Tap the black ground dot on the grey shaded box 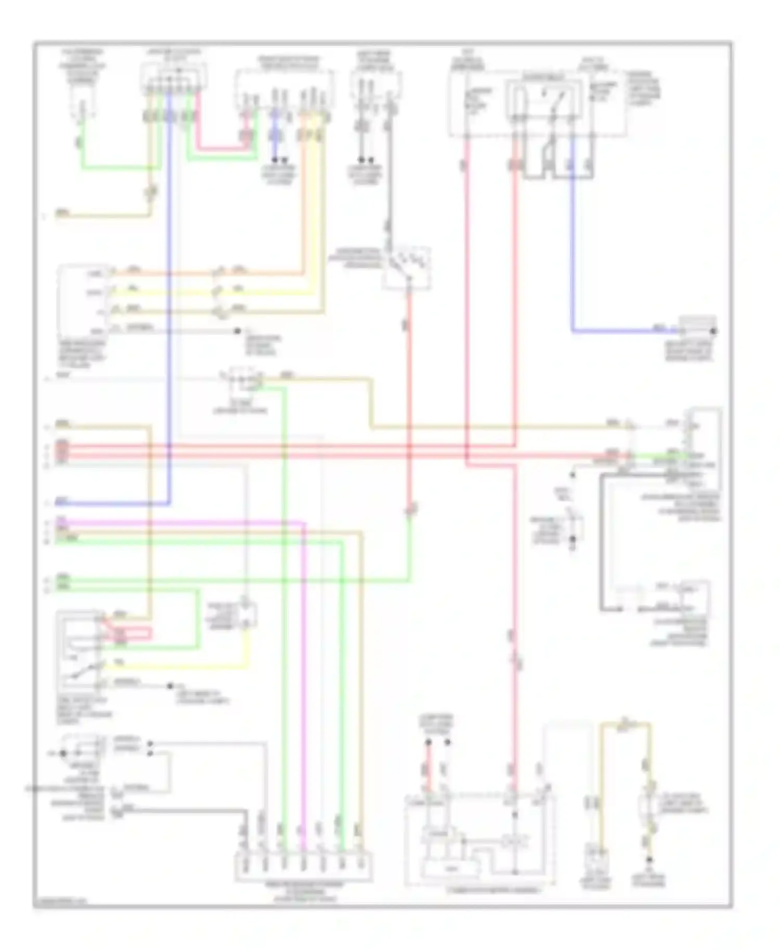pos(714,331)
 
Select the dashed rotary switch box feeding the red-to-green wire pos(407,268)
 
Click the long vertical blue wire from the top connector pos(170,312)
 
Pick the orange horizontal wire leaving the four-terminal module pos(208,273)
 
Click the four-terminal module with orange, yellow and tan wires pos(83,301)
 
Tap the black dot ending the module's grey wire pos(237,331)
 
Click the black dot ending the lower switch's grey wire pos(170,686)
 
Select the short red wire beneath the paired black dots pos(428,769)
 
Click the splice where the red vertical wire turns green pos(410,509)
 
